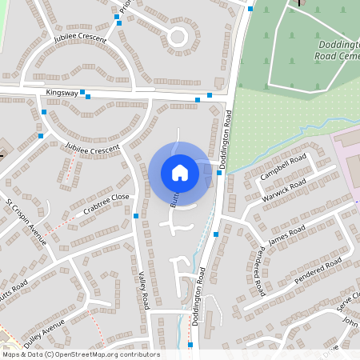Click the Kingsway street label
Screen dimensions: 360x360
tap(62, 93)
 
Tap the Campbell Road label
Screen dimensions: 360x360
tap(283, 165)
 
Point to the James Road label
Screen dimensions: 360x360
tap(286, 234)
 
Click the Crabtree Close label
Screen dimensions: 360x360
tap(106, 205)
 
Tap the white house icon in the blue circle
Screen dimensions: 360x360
tap(179, 172)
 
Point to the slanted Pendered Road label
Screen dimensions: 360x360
tap(318, 270)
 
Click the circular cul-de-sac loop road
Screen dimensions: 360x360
tap(177, 36)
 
